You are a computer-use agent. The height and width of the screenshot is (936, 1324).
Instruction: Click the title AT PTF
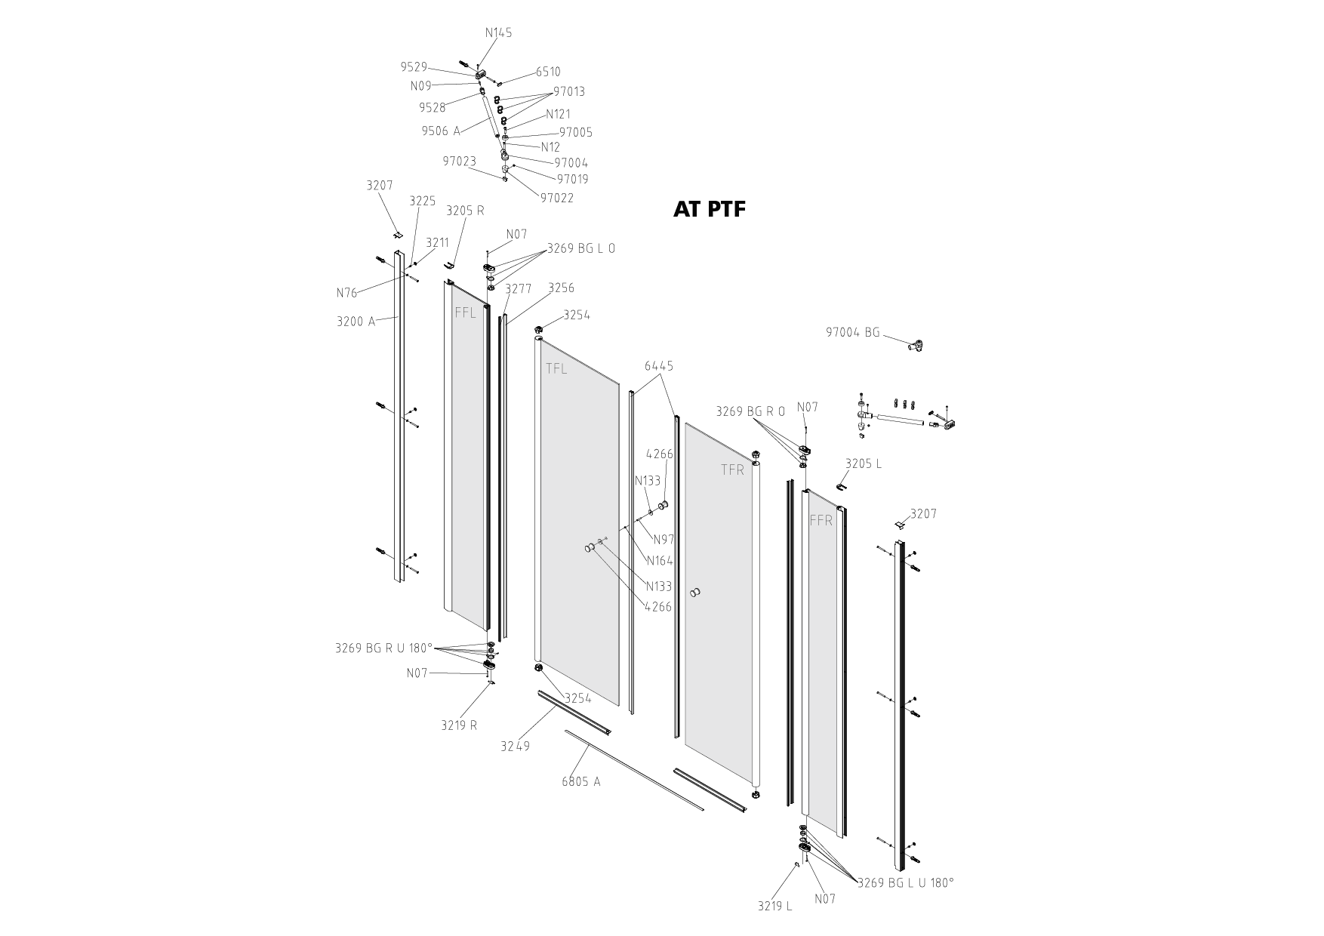pos(709,209)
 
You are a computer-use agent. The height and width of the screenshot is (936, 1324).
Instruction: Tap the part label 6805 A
pos(581,781)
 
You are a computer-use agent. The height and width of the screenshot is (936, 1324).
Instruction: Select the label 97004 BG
pos(853,332)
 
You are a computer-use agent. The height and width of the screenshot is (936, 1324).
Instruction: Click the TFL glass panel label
pos(556,368)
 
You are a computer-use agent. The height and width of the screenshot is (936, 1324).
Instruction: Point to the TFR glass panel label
pos(732,470)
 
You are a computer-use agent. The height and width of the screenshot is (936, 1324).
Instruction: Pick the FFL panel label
pos(466,313)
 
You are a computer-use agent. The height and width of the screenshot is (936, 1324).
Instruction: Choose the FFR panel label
pos(821,520)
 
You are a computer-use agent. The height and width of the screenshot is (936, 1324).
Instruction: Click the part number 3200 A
pos(356,321)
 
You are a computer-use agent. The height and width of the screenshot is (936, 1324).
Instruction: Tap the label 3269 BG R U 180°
pos(384,648)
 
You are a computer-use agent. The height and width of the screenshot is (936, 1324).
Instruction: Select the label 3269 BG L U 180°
pos(906,882)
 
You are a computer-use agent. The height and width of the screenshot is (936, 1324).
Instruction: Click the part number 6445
pos(659,366)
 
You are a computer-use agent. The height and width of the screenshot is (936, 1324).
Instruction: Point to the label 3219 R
pos(459,725)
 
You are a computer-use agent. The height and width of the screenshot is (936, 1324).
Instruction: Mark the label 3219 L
pos(775,906)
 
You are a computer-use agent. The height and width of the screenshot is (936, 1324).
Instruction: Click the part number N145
pos(498,32)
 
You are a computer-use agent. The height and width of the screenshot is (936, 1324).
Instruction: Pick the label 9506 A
pos(441,131)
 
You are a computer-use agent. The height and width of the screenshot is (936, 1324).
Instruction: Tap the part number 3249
pos(516,747)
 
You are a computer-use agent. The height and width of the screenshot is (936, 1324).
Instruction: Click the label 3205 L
pos(864,463)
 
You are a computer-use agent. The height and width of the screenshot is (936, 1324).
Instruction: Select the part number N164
pos(660,561)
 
